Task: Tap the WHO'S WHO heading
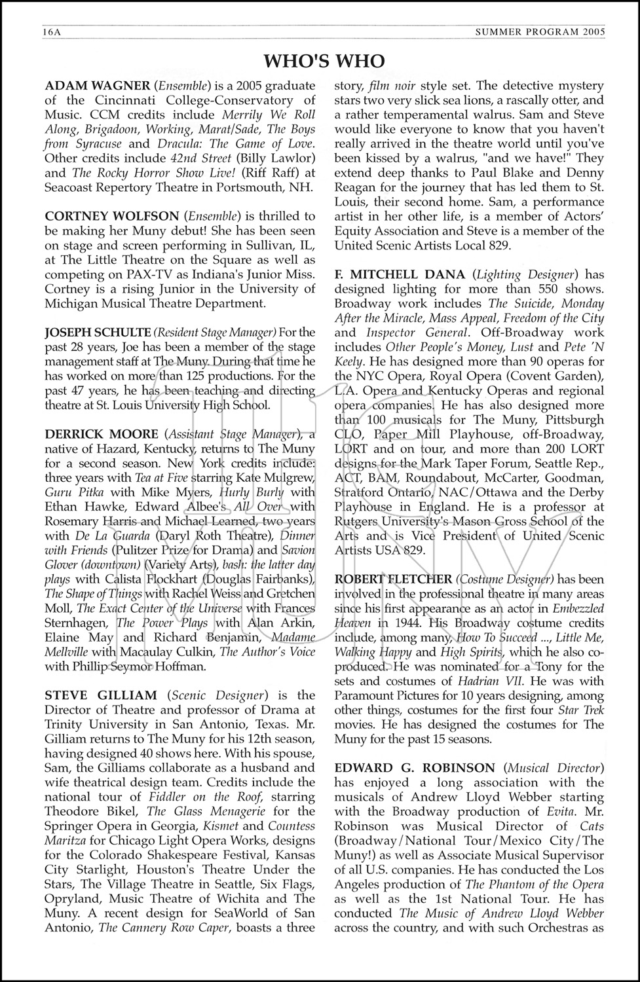tap(324, 61)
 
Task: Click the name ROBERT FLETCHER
tap(393, 579)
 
